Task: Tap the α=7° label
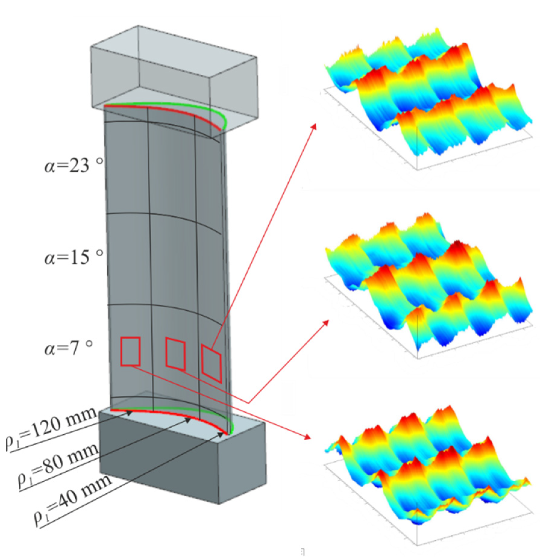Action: [68, 348]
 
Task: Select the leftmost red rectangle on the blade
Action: [130, 352]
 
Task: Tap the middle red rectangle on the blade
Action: [175, 354]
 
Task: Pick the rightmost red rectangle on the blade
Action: [212, 364]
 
